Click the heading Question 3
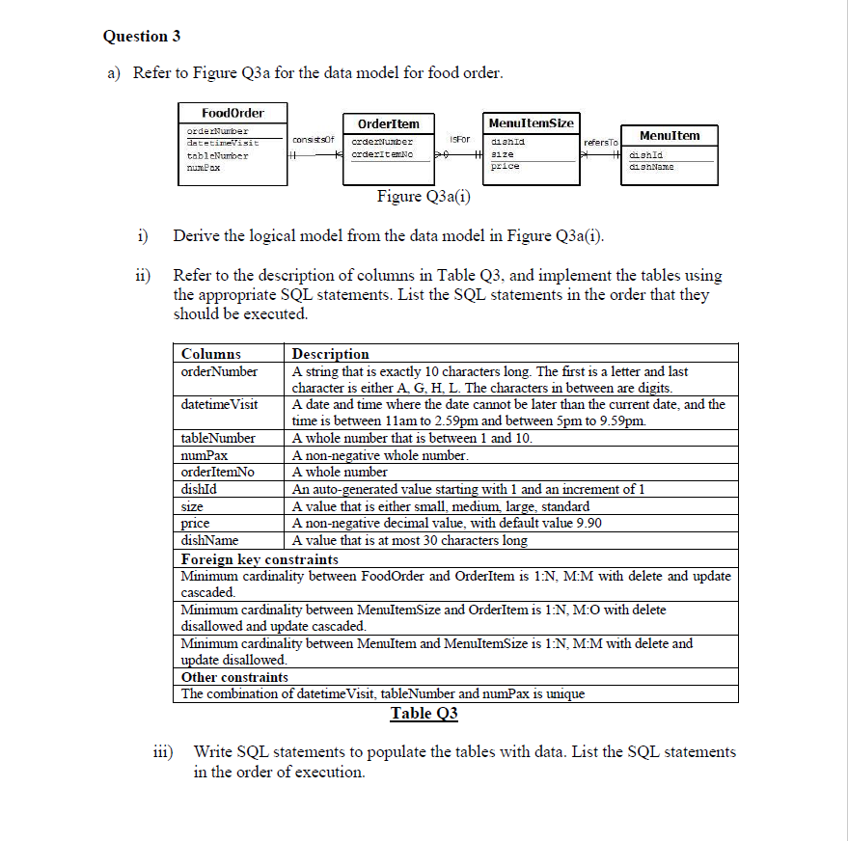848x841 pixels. (x=142, y=37)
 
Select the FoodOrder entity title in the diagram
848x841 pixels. (x=233, y=113)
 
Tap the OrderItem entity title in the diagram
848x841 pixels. (x=388, y=123)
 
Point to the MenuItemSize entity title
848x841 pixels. (x=531, y=122)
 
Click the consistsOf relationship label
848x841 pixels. (x=313, y=141)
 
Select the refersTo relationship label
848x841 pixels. (x=600, y=143)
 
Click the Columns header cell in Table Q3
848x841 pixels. (x=211, y=354)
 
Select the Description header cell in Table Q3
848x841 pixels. (x=330, y=354)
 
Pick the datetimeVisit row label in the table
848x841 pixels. (x=219, y=404)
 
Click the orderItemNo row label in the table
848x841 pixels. (x=218, y=472)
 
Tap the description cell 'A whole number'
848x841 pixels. (x=340, y=472)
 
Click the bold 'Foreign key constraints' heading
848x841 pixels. (x=260, y=558)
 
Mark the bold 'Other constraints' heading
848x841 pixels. (x=234, y=677)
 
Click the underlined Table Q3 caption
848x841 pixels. (x=424, y=714)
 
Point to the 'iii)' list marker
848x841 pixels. (x=164, y=751)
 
